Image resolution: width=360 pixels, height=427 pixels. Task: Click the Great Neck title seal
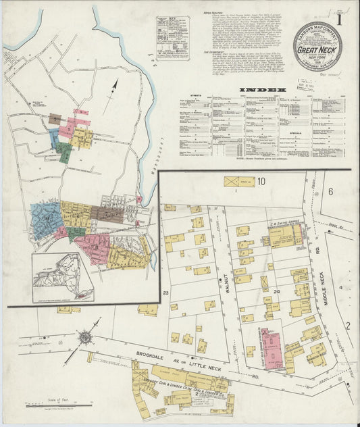click(x=317, y=46)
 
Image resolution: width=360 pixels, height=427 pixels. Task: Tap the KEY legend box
click(x=173, y=37)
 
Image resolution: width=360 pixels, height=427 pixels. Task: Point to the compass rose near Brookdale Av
click(x=86, y=336)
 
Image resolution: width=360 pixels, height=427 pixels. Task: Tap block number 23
click(x=165, y=292)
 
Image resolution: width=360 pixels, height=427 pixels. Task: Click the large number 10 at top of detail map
click(x=260, y=181)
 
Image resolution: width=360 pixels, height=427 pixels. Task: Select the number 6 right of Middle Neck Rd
click(x=331, y=191)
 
